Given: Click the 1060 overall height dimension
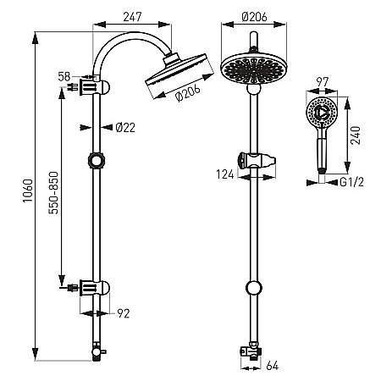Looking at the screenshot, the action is [28, 190].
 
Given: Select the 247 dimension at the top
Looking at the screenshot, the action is [132, 17].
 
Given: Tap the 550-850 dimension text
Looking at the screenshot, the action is [53, 192].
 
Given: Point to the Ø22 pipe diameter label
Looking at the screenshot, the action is [125, 128].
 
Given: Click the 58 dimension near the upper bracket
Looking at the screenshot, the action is [64, 76].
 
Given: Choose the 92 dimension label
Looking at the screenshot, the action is [124, 313].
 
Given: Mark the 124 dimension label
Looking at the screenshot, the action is [225, 174].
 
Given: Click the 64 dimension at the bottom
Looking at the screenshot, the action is [273, 366].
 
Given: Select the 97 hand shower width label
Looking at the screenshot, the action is [323, 82].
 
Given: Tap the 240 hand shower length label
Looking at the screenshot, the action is [356, 135].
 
